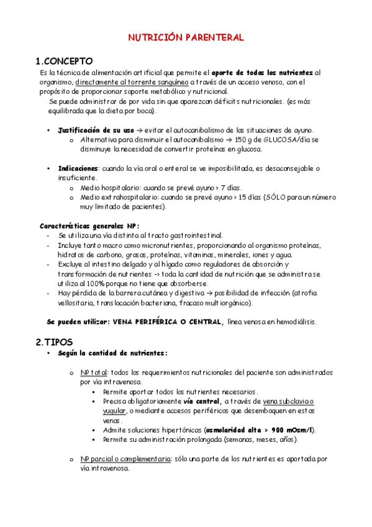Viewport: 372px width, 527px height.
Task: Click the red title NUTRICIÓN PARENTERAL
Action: tap(186, 38)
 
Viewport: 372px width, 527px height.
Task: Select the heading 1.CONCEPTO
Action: tap(64, 61)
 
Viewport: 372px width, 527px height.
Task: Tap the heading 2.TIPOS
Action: tap(54, 342)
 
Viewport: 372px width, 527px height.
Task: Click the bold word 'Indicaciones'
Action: tap(78, 168)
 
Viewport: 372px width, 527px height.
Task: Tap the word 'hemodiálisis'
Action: tap(296, 321)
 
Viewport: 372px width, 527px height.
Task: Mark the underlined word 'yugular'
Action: tap(114, 411)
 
